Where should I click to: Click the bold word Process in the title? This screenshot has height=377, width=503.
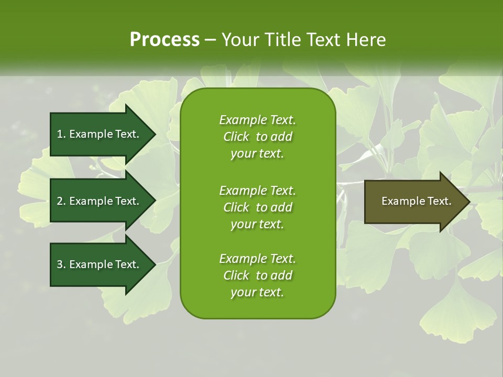click(165, 40)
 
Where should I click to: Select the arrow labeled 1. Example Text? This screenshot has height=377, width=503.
click(100, 134)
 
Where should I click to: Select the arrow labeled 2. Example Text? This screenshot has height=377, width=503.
click(100, 201)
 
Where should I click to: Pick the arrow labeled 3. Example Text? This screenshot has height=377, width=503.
click(100, 264)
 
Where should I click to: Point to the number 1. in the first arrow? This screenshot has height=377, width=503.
click(61, 134)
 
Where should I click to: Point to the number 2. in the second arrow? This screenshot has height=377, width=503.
click(61, 201)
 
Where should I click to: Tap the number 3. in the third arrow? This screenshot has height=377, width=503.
click(61, 264)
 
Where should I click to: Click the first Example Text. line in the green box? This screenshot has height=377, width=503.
click(257, 120)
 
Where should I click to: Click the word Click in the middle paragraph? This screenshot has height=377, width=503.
click(236, 207)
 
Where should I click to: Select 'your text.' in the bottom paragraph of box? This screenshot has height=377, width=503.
click(257, 292)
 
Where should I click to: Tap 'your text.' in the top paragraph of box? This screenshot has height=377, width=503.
click(257, 154)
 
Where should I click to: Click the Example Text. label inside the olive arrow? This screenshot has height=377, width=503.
click(417, 201)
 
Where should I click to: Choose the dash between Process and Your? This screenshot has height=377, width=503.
click(211, 40)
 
